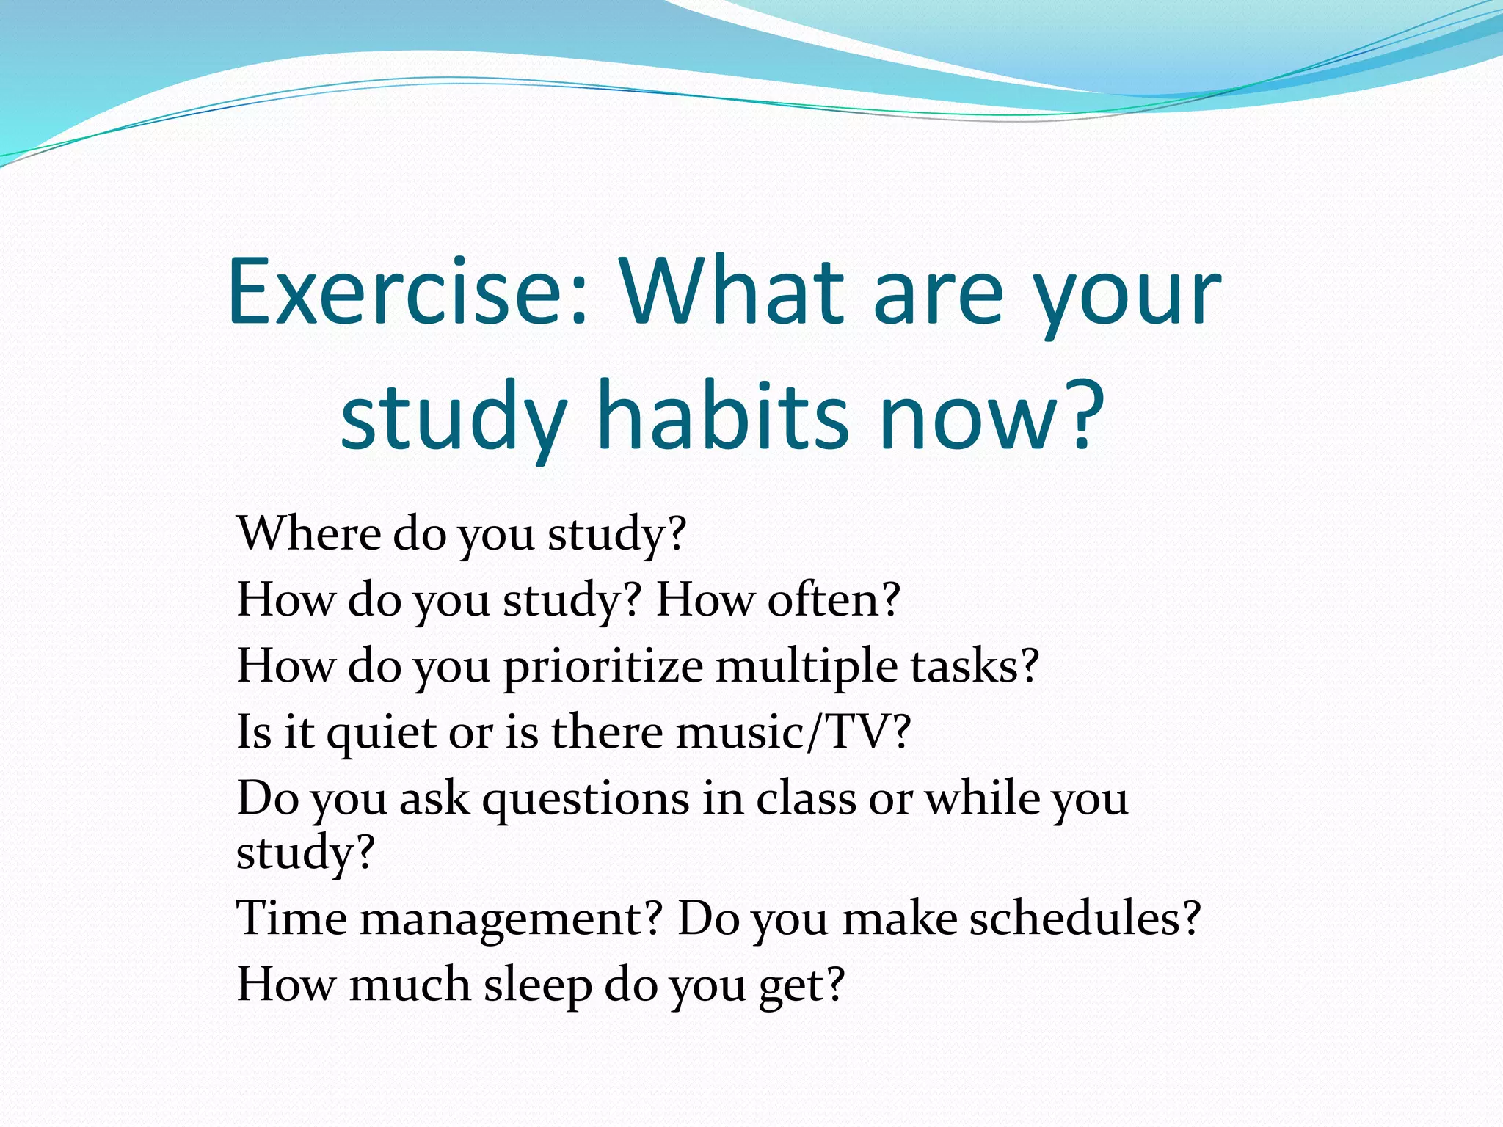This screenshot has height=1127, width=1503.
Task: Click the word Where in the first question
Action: tap(308, 533)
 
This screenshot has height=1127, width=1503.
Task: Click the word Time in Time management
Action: tap(291, 918)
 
